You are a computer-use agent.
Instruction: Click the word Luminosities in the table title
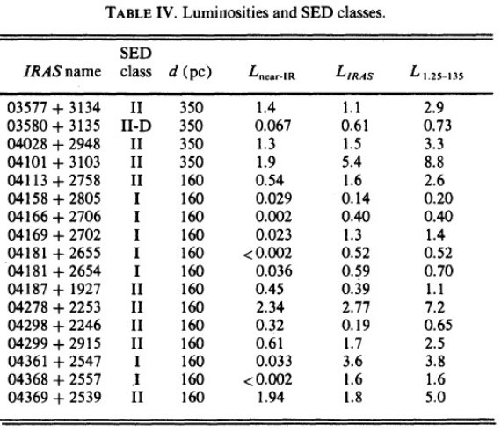(226, 13)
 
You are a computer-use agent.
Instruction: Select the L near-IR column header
(272, 73)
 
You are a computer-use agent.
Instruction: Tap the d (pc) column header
(190, 71)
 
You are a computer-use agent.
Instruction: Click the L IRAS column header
(354, 73)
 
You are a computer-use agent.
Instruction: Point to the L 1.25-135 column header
(436, 72)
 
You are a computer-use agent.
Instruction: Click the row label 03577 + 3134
(54, 108)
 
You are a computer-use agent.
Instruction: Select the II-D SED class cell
(136, 126)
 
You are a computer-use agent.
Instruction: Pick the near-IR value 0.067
(272, 126)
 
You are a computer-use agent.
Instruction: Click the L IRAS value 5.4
(352, 162)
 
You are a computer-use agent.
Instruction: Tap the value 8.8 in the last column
(434, 162)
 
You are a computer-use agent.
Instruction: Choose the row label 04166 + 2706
(54, 217)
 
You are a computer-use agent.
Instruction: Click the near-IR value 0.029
(273, 198)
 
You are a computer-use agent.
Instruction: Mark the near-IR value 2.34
(270, 307)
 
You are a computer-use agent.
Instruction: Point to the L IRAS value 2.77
(356, 307)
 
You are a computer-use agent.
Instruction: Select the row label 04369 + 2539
(54, 398)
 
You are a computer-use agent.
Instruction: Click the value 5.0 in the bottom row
(435, 398)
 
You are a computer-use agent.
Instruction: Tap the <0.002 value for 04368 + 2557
(268, 379)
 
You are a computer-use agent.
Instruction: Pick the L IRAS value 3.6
(352, 362)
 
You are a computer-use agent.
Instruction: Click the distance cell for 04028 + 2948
(192, 144)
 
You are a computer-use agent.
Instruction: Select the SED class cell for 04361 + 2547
(137, 362)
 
